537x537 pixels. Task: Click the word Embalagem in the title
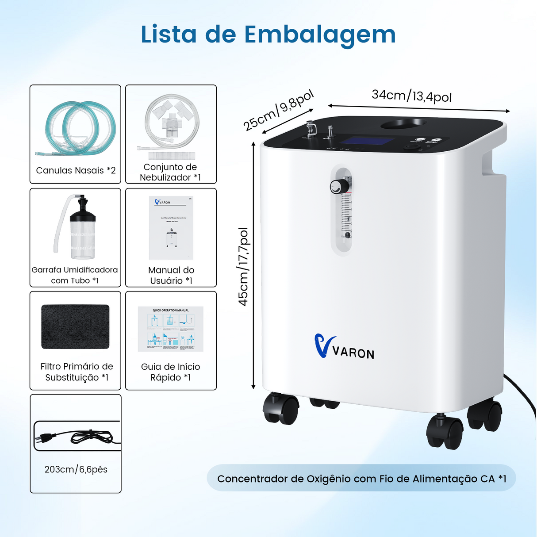point(320,35)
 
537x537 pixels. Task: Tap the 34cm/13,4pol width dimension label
point(411,96)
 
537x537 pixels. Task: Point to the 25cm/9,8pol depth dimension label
point(278,111)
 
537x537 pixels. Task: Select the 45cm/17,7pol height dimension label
point(244,267)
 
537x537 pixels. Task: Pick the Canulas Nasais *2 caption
point(76,170)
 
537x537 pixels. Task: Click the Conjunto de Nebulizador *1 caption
point(170,172)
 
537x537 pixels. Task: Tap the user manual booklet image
point(171,228)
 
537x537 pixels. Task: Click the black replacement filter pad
point(75,326)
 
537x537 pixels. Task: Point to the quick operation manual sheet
point(171,329)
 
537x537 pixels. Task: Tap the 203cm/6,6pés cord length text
point(76,469)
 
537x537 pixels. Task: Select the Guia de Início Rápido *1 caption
point(170,372)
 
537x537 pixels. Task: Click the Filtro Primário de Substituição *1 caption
point(77,372)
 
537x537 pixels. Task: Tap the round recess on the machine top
point(404,123)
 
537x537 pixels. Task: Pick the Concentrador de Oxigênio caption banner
point(361,479)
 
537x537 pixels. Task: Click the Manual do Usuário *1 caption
point(171,275)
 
